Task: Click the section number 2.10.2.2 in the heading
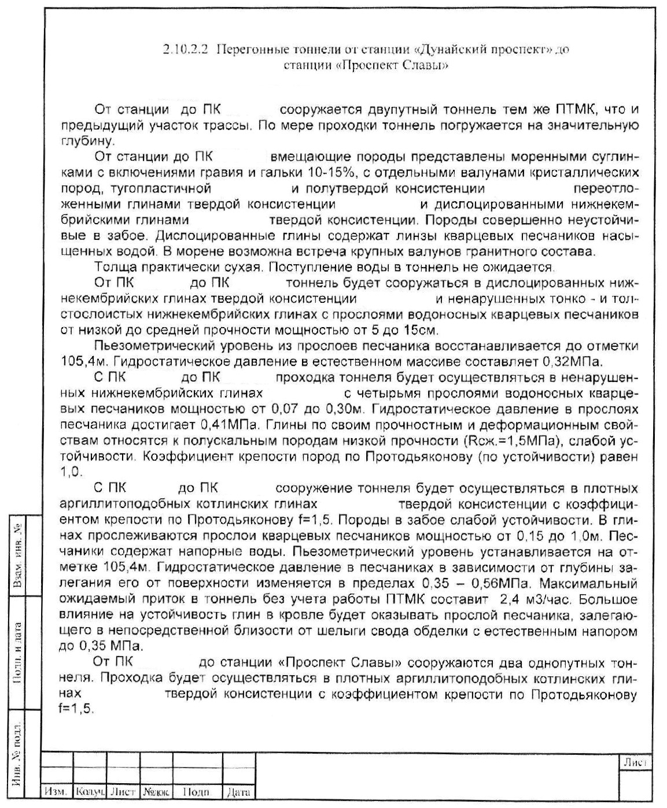tap(187, 49)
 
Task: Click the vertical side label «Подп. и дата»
tap(19, 653)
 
